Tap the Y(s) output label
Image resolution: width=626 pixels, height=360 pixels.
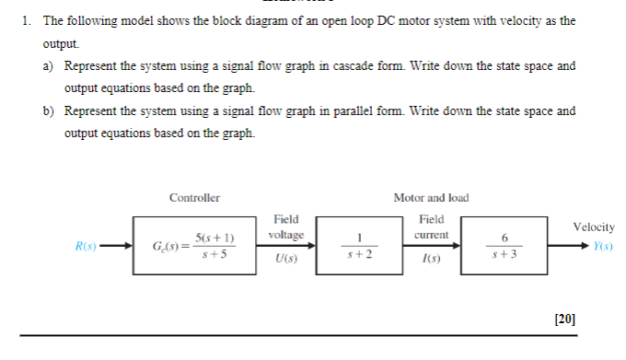(603, 247)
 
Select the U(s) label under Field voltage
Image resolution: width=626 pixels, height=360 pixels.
(285, 261)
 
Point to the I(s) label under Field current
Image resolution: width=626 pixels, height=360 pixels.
(431, 261)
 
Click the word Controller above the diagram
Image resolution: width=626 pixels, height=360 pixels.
(194, 198)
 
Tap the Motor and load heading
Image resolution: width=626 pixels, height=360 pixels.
(431, 198)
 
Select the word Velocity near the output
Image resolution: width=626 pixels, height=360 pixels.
(594, 226)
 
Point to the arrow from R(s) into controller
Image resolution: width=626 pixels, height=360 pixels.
(117, 247)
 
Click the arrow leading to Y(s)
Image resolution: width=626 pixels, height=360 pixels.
(569, 247)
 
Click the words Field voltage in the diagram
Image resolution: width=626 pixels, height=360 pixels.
(285, 227)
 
